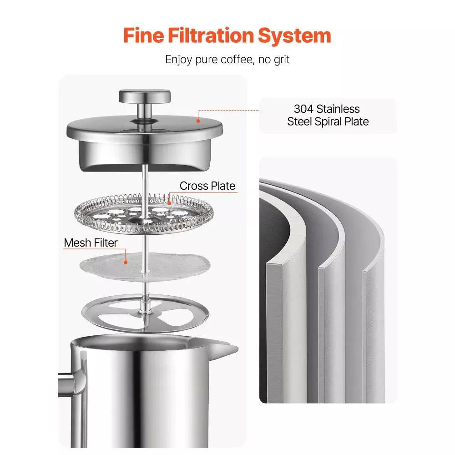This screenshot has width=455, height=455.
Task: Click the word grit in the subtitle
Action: tap(279, 59)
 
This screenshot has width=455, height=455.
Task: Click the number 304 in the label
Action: tap(303, 109)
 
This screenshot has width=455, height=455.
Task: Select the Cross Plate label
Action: tap(207, 186)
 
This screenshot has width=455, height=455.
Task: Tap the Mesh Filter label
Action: tap(91, 243)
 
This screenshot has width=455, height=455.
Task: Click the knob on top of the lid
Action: tap(145, 96)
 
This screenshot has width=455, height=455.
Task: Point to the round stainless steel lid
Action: tap(145, 132)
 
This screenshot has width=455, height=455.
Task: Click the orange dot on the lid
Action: tap(198, 121)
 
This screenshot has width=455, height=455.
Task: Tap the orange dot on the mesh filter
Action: tap(126, 261)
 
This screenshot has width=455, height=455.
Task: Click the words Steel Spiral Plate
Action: tap(328, 121)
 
